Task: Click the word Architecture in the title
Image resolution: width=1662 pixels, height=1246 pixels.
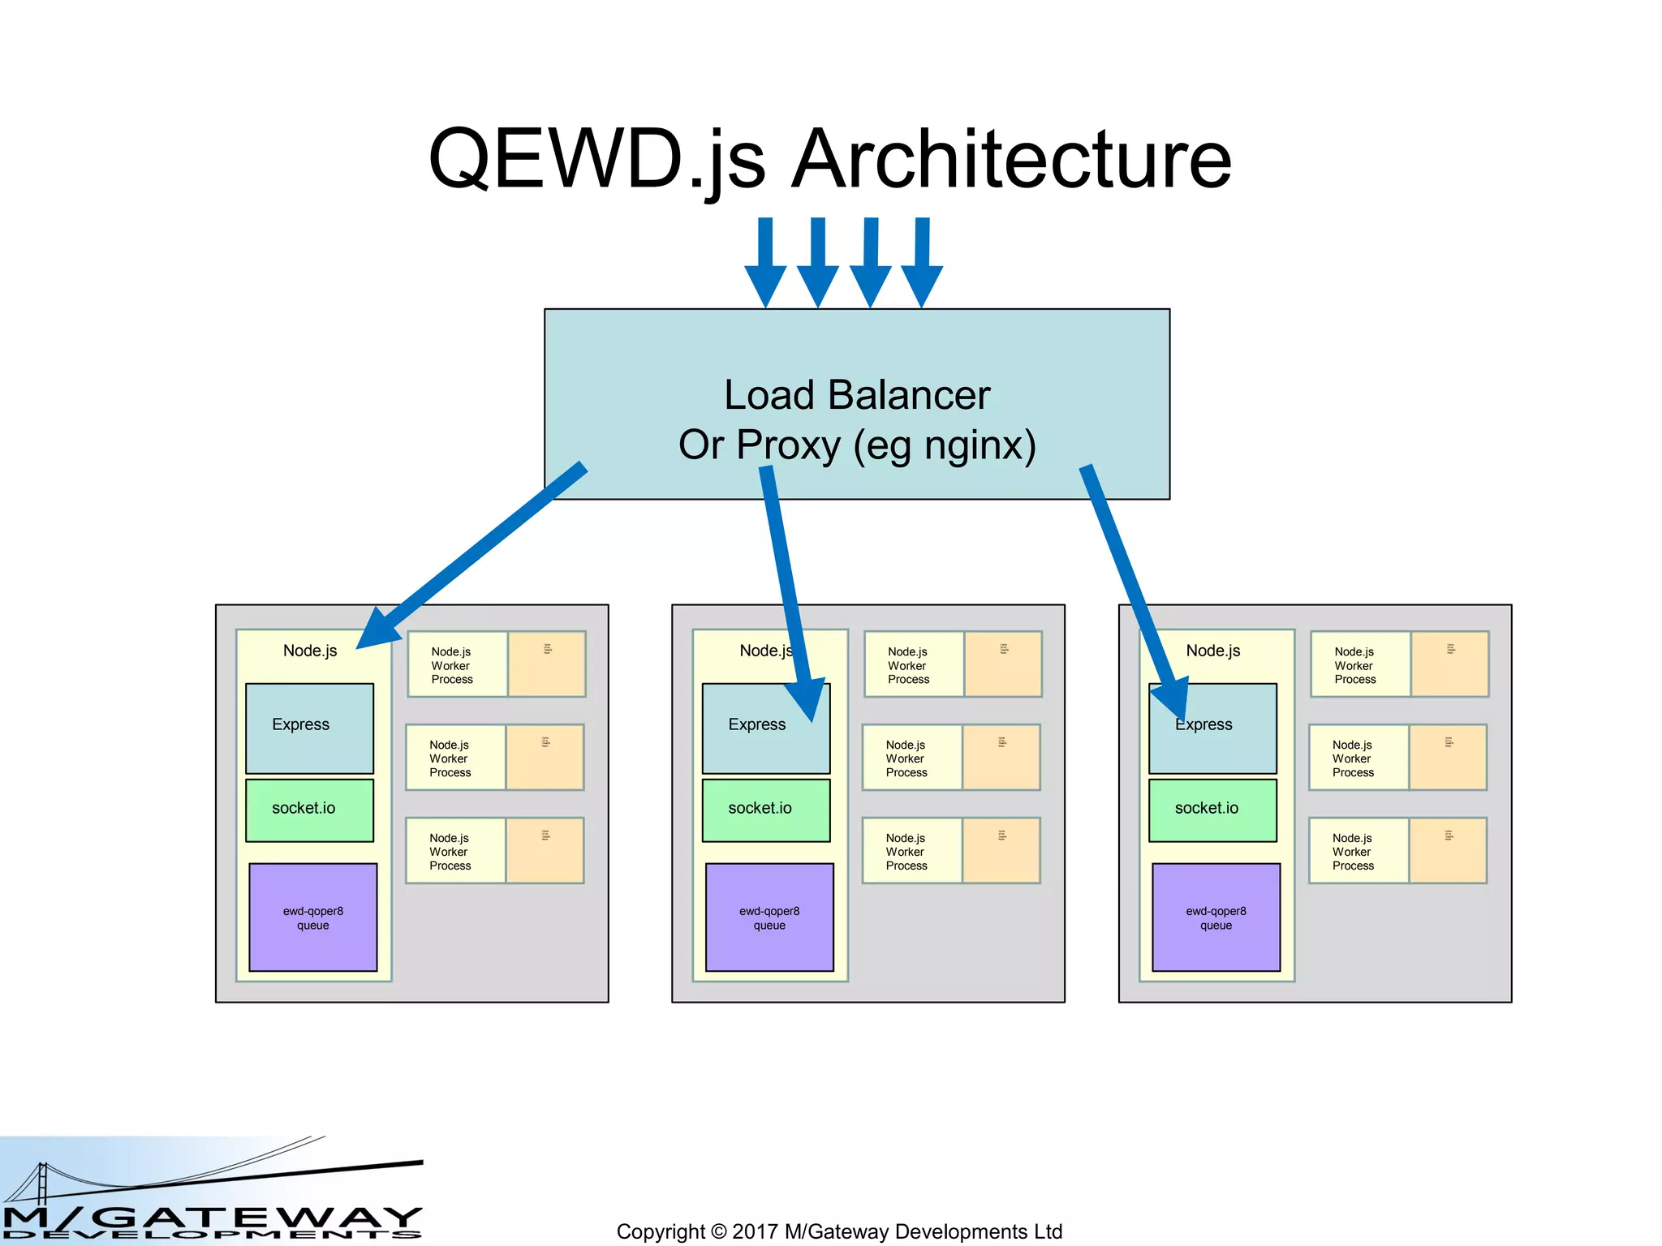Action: point(1010,160)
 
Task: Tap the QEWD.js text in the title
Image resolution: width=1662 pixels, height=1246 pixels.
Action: point(596,160)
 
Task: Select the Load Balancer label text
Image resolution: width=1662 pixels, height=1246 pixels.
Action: point(857,396)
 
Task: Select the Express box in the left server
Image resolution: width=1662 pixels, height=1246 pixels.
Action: point(309,728)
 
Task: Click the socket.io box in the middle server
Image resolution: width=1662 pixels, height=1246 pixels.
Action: point(765,810)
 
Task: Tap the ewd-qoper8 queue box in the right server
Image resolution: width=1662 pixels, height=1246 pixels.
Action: point(1216,917)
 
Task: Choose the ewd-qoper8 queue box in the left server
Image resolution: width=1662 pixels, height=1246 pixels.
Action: point(312,917)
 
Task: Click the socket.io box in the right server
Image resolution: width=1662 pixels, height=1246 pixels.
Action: point(1212,810)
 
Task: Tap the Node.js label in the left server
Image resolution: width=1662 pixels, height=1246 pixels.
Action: point(309,651)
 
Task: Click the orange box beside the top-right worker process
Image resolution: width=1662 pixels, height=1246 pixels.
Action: point(1449,664)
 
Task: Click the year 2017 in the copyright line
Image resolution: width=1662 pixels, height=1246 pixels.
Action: point(755,1231)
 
